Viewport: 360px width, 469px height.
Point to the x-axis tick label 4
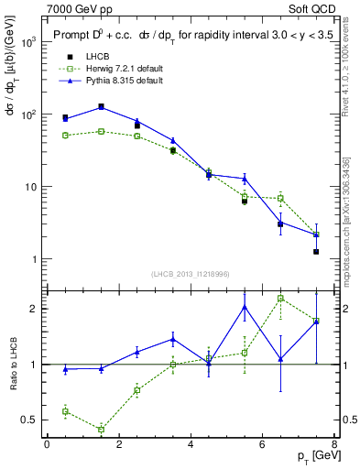click(191, 443)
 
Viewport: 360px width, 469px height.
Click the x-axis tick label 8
click(334, 443)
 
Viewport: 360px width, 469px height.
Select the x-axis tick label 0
click(47, 443)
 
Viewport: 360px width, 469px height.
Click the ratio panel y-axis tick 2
click(32, 309)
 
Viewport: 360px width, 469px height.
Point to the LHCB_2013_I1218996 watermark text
click(191, 274)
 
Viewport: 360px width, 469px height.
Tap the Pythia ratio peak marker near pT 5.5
click(245, 306)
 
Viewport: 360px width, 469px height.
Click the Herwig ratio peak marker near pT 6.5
click(280, 298)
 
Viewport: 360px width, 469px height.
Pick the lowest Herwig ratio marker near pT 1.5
click(101, 429)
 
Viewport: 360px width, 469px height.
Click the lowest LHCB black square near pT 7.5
click(316, 251)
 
